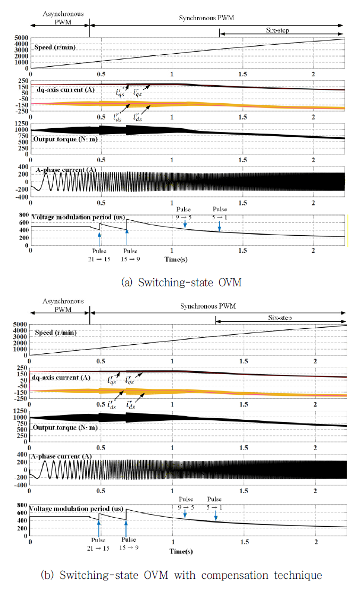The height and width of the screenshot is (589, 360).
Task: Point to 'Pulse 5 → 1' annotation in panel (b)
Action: [215, 503]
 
